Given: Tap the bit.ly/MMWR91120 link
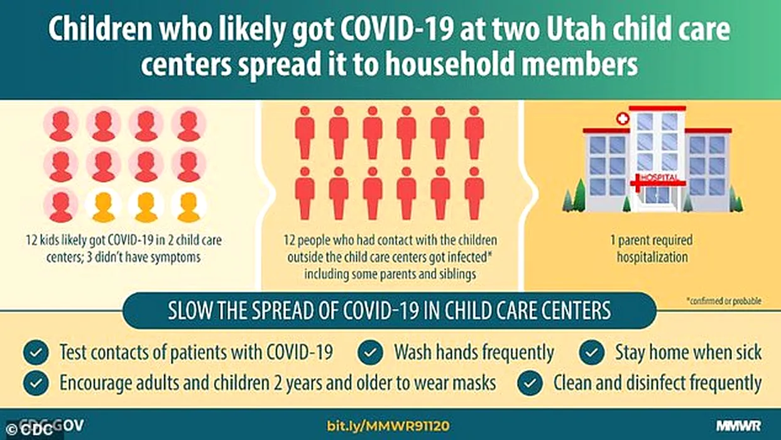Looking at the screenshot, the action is point(388,426).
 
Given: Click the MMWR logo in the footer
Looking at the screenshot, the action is point(738,426).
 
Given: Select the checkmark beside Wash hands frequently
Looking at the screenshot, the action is point(370,353).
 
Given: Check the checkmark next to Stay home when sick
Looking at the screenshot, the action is point(592,353).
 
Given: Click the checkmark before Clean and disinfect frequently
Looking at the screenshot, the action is point(530,383).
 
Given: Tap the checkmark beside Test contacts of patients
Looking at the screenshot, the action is point(36,353).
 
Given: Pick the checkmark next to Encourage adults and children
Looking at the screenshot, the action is point(36,383).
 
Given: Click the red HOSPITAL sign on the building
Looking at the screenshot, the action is point(658,179).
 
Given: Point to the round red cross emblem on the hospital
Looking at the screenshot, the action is point(623,119).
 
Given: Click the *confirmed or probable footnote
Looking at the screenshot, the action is point(724,301).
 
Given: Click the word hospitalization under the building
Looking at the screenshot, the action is point(652,257).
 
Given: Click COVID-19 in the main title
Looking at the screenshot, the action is point(396,30).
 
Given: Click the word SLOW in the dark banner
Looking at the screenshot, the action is point(188,311).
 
